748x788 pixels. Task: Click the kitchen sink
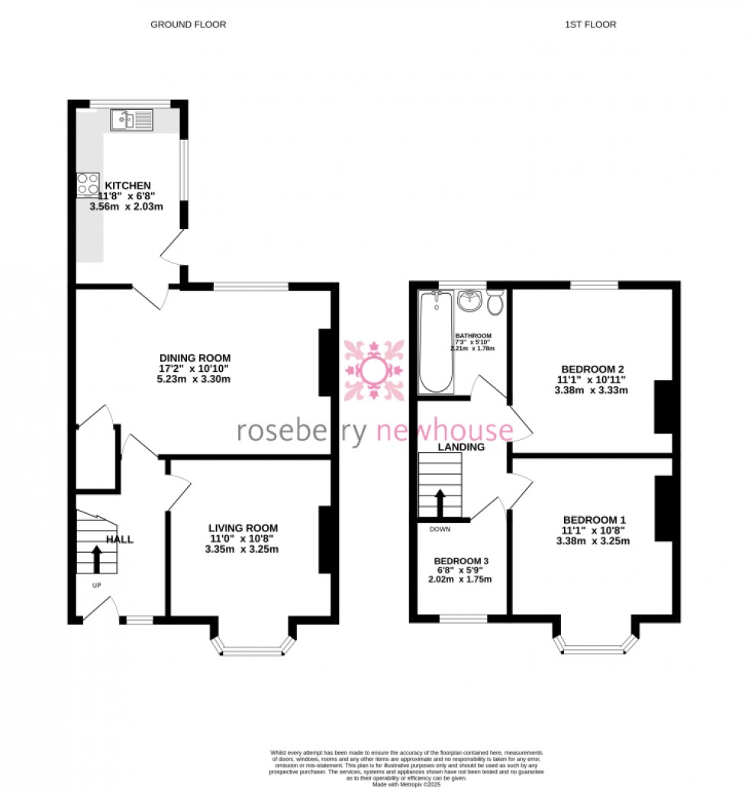(131, 119)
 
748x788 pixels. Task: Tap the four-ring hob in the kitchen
(88, 186)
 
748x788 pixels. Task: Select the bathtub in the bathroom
(437, 343)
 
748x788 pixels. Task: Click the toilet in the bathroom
(495, 302)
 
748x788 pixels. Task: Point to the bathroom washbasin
(468, 301)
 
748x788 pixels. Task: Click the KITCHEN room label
(127, 186)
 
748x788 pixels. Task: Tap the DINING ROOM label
(195, 358)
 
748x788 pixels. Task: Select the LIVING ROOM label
(243, 528)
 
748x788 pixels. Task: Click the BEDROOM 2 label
(591, 369)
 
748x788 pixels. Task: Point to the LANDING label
(461, 447)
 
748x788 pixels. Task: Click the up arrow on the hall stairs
(96, 558)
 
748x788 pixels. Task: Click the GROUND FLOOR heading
(188, 24)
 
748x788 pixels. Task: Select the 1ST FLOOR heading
(590, 24)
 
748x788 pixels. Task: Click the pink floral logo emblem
(373, 370)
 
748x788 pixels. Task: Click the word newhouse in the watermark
(446, 431)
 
